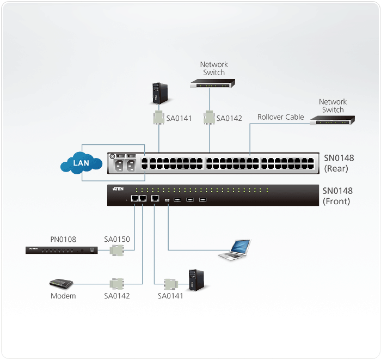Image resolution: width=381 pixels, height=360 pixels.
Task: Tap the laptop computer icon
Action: (x=235, y=249)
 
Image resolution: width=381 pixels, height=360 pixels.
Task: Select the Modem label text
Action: (x=63, y=296)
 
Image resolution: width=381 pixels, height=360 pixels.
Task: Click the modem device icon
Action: (x=60, y=284)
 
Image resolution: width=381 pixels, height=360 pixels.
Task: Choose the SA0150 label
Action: (x=117, y=239)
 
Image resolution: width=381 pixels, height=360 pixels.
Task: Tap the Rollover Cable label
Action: (x=280, y=117)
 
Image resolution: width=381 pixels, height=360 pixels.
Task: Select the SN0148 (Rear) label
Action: (x=339, y=163)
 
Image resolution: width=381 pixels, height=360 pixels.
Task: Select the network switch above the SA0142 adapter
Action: (x=212, y=84)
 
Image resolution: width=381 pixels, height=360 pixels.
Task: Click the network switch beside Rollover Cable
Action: (x=332, y=119)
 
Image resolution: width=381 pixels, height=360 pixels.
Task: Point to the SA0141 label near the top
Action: (x=179, y=118)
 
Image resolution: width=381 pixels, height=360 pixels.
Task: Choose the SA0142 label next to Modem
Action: (x=117, y=296)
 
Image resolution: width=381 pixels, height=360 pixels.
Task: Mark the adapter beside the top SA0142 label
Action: (x=208, y=118)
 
